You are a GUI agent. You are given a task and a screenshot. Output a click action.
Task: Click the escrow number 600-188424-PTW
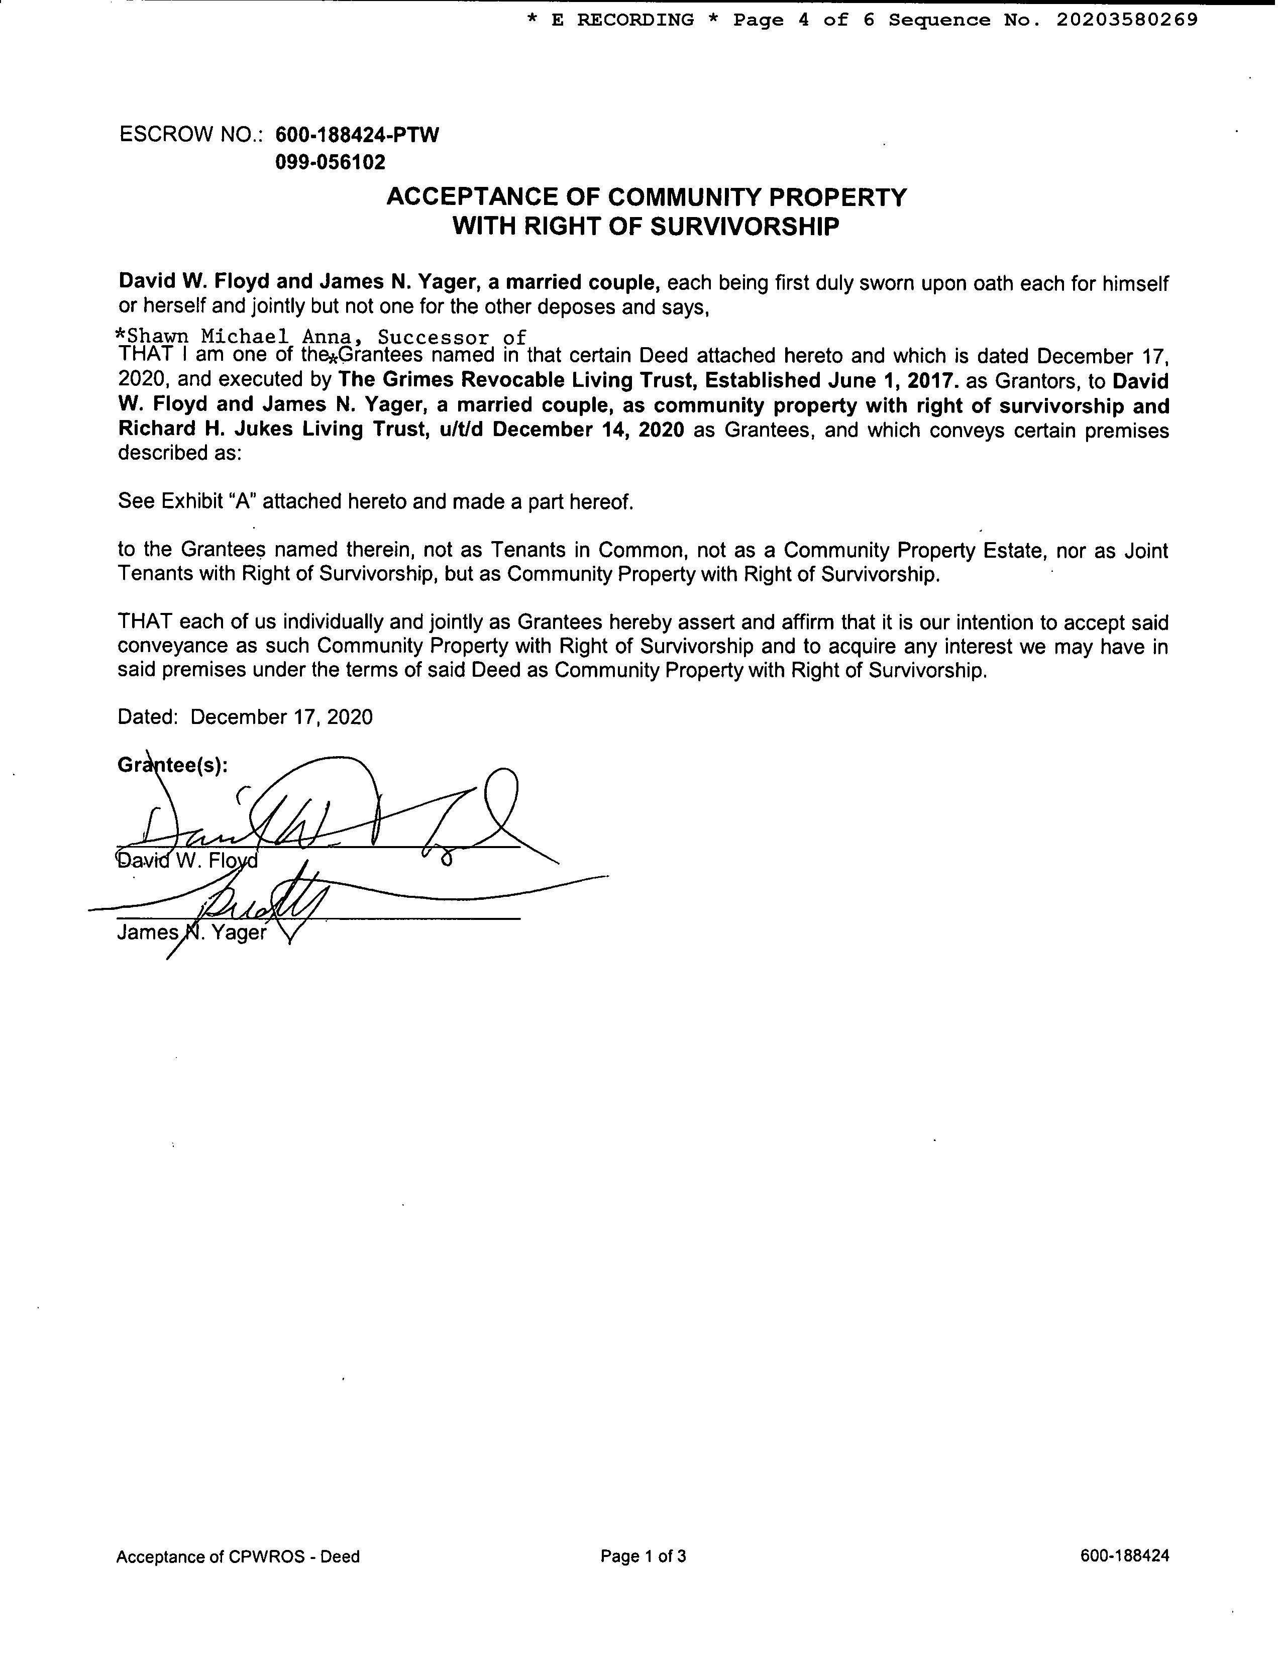pos(357,136)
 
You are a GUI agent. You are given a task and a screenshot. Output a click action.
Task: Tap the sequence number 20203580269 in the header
pos(1127,20)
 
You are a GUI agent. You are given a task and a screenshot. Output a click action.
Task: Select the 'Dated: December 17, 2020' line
pos(245,717)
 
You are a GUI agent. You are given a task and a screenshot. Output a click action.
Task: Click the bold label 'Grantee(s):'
pos(173,765)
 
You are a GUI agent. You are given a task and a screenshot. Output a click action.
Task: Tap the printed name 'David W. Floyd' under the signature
pos(187,861)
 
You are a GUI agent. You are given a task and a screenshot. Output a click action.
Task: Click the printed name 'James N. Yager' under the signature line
pos(192,933)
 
